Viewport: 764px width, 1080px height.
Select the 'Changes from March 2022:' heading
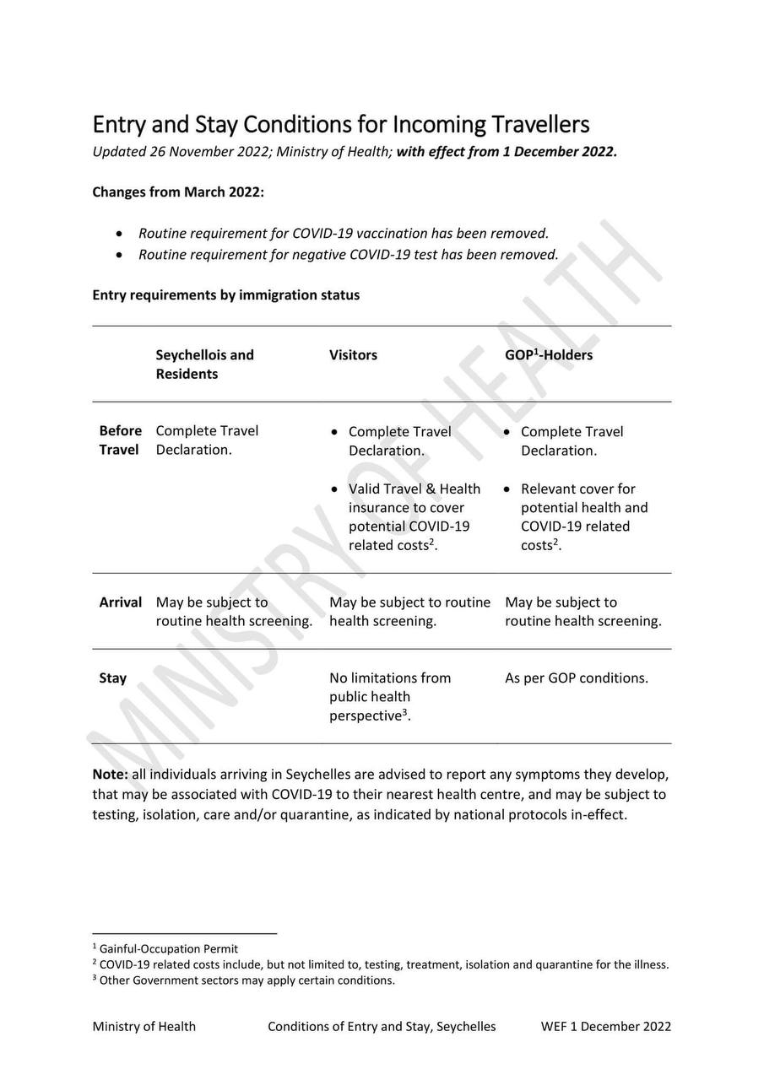[178, 192]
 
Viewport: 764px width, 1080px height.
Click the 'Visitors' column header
[353, 354]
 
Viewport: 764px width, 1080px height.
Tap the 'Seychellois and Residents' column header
[204, 364]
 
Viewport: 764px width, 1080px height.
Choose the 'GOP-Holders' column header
[549, 354]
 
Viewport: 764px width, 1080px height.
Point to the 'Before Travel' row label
[120, 440]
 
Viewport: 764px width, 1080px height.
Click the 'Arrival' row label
[121, 602]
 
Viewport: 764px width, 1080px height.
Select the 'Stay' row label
[113, 678]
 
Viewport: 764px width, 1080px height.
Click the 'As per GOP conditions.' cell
[577, 678]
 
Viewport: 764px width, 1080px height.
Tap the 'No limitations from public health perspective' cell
[390, 696]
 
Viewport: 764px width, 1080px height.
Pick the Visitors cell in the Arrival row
[409, 611]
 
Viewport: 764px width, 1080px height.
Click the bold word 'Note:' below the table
[111, 774]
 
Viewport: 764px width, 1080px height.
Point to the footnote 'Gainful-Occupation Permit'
[168, 948]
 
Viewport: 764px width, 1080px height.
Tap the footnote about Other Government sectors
[247, 980]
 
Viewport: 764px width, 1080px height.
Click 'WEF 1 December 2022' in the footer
[606, 1026]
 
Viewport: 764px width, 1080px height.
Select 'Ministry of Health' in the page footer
[144, 1026]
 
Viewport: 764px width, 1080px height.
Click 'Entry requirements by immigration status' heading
[225, 294]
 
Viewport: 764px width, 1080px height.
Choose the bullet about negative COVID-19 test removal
[348, 254]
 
